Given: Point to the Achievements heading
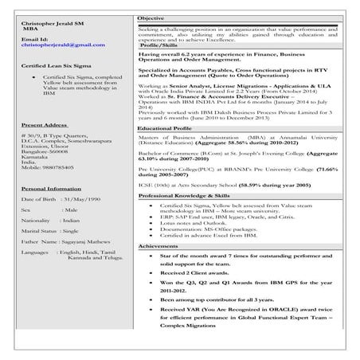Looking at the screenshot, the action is coord(159,247).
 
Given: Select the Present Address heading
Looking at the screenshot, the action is coord(44,126).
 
